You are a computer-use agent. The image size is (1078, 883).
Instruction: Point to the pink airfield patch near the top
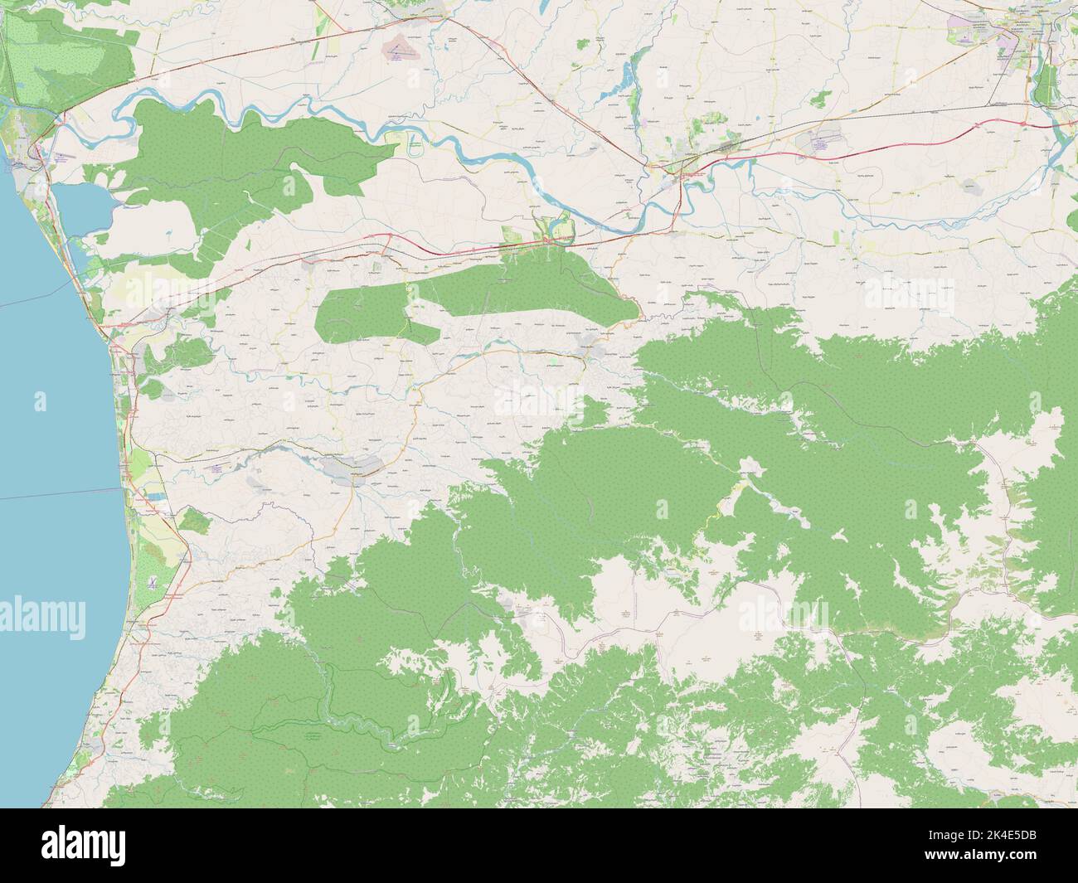pyautogui.click(x=399, y=50)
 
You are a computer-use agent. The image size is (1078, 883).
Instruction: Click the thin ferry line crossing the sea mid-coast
pyautogui.click(x=50, y=496)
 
